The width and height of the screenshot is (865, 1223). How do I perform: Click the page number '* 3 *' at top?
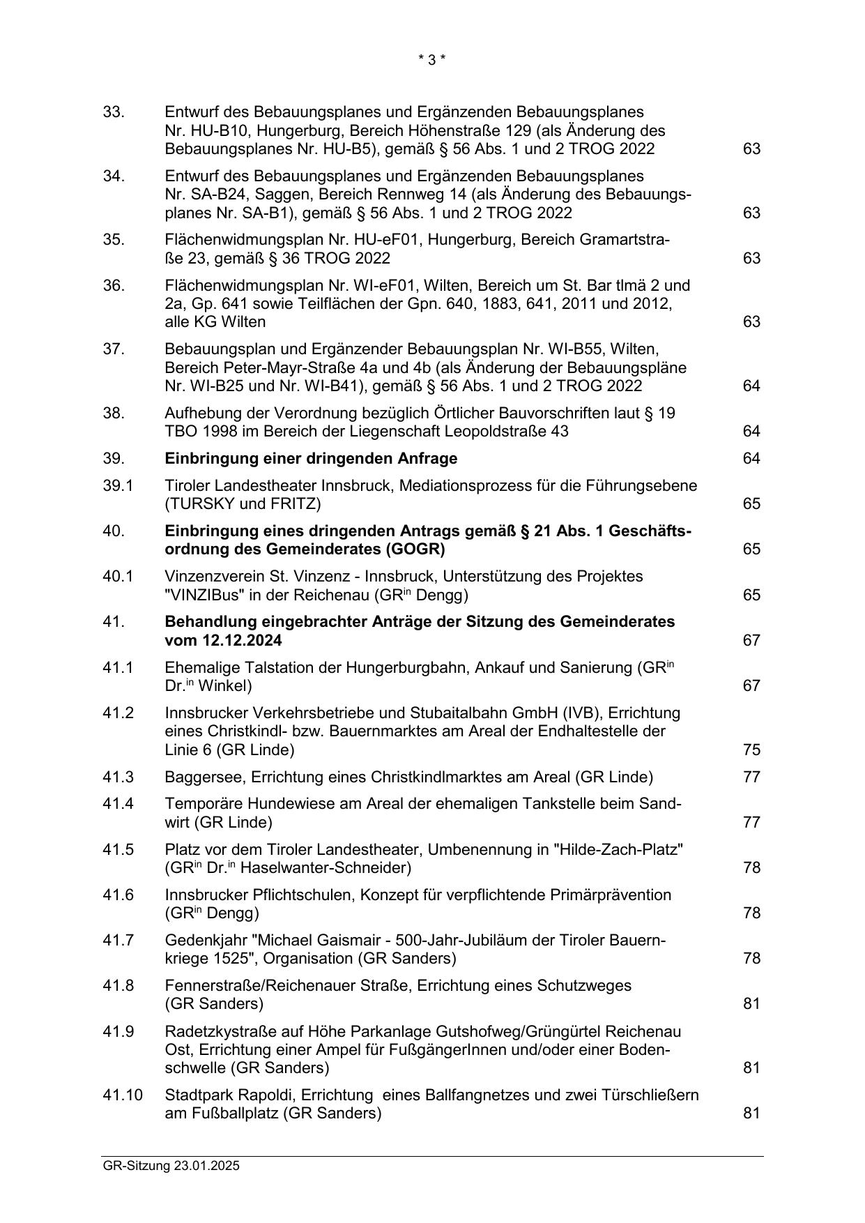(431, 60)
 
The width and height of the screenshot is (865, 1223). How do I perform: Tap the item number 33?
(114, 112)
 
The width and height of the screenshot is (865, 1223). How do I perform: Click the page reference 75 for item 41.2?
(751, 750)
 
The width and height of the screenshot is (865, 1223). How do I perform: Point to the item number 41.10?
(123, 1095)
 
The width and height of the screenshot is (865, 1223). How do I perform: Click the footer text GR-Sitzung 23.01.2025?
(171, 1165)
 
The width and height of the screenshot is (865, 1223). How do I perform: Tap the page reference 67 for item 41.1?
(751, 685)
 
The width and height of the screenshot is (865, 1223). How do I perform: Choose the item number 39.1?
(118, 485)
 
